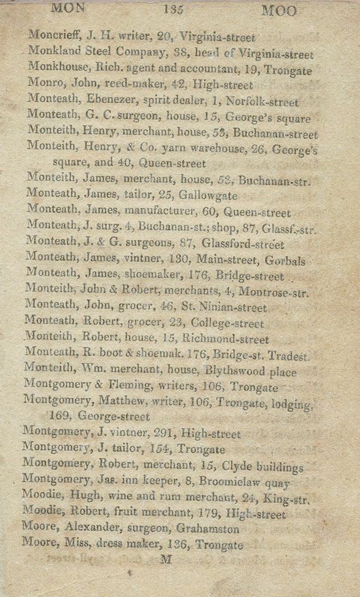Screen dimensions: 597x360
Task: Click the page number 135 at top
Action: click(173, 10)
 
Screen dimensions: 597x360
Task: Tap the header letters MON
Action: click(68, 8)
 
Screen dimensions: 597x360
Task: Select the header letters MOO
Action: click(279, 11)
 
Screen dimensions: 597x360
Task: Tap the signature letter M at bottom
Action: click(167, 559)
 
